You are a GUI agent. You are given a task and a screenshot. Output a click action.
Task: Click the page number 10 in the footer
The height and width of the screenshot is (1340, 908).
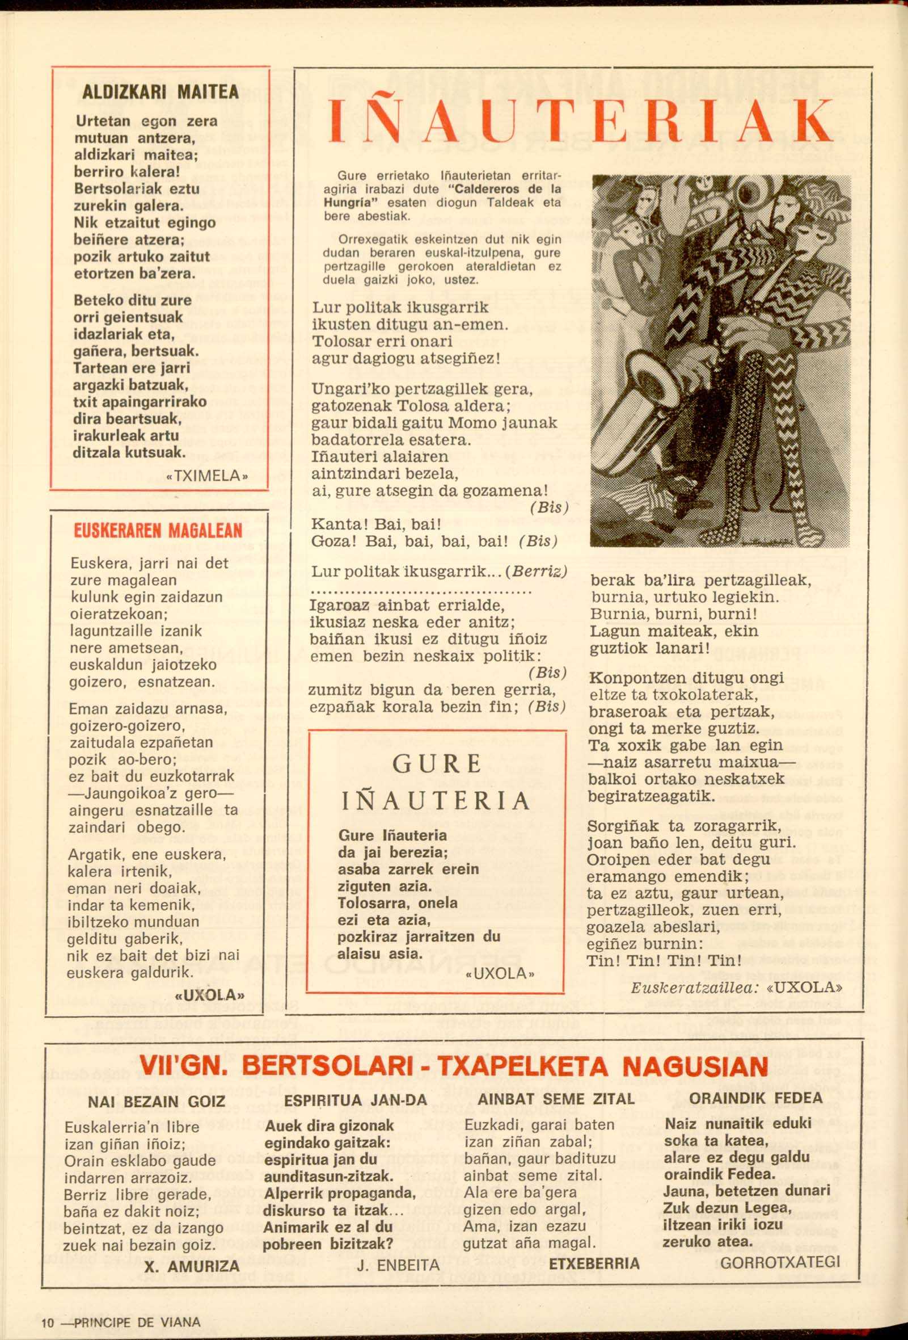[x=47, y=1322]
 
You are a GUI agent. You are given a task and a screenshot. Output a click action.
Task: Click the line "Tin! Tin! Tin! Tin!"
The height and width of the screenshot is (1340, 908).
[x=664, y=961]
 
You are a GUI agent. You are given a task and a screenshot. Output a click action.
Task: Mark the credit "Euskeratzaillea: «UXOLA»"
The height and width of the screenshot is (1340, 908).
[x=737, y=986]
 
